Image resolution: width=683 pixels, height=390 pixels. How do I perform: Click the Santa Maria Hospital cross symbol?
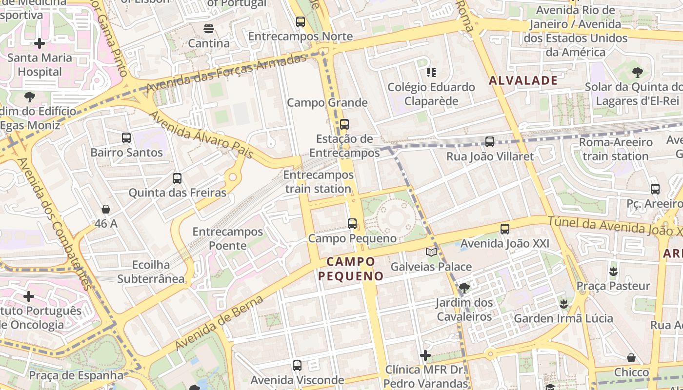pyautogui.click(x=40, y=43)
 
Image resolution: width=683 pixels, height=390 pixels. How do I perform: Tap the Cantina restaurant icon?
pyautogui.click(x=209, y=29)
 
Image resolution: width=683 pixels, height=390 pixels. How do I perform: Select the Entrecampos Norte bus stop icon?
pyautogui.click(x=300, y=22)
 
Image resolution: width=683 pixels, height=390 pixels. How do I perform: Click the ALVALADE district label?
pyautogui.click(x=523, y=80)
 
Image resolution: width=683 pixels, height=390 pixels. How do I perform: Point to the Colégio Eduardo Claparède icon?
pyautogui.click(x=431, y=73)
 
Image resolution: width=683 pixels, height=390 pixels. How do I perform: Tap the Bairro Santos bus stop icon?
pyautogui.click(x=126, y=138)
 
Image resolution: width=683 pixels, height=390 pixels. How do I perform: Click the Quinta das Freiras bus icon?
pyautogui.click(x=177, y=178)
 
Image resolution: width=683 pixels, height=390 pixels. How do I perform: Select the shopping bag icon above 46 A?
pyautogui.click(x=106, y=210)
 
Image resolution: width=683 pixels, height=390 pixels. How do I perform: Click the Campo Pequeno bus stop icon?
pyautogui.click(x=352, y=224)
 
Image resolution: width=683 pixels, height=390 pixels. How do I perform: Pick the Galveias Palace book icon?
pyautogui.click(x=431, y=252)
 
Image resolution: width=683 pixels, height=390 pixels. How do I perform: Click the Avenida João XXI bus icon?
pyautogui.click(x=505, y=229)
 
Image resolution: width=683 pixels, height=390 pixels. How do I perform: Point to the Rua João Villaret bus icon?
pyautogui.click(x=490, y=142)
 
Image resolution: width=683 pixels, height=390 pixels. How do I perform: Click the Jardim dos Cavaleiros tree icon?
pyautogui.click(x=464, y=288)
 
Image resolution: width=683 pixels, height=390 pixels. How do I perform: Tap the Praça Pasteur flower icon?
pyautogui.click(x=613, y=271)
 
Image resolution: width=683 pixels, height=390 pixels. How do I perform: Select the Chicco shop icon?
pyautogui.click(x=631, y=358)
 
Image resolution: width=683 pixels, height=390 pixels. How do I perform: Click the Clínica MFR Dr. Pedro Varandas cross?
pyautogui.click(x=425, y=355)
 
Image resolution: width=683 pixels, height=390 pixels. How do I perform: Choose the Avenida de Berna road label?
pyautogui.click(x=220, y=323)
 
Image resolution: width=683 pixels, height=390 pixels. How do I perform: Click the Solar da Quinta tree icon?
pyautogui.click(x=637, y=73)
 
